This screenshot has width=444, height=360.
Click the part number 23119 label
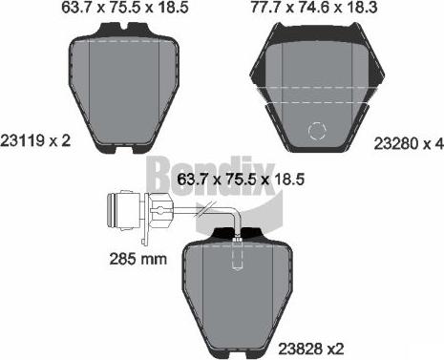tap(23, 140)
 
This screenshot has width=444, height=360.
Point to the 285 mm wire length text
tap(137, 259)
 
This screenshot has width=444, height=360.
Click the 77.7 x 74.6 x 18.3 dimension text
tap(314, 8)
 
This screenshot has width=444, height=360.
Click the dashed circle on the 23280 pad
tap(317, 131)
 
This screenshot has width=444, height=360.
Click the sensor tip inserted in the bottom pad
tap(237, 254)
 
